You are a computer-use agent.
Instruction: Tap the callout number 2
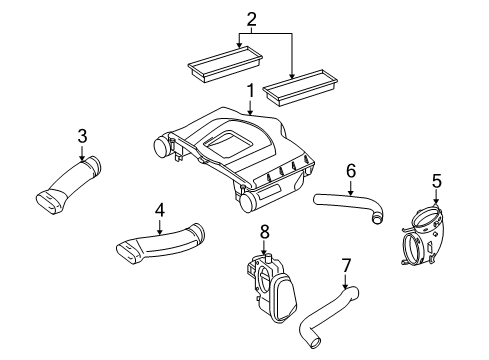point(252,19)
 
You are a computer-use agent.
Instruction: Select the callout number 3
point(82,136)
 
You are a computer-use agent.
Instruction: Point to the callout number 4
point(160,210)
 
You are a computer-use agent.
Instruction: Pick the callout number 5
point(437,181)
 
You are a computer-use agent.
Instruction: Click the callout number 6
point(351,170)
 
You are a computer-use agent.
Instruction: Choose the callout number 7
point(346,265)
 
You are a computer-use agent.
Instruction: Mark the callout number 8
point(264,231)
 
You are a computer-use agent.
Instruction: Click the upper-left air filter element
point(225,64)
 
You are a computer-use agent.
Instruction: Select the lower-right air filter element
point(300,88)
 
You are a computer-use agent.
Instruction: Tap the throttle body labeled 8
point(272,287)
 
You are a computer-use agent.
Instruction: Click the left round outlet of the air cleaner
point(162,147)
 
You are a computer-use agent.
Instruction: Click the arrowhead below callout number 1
point(250,113)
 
